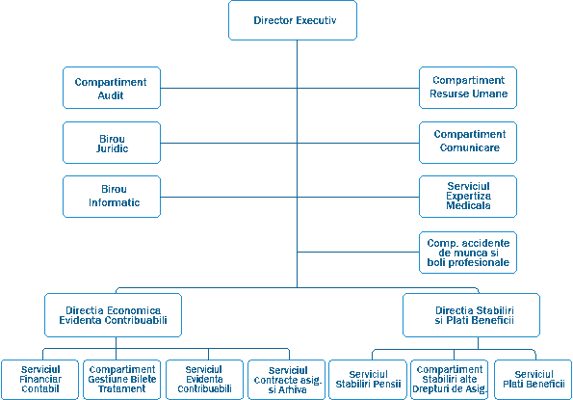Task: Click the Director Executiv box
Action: (293, 20)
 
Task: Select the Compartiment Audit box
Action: (112, 88)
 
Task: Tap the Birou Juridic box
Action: (112, 143)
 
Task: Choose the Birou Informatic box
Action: (112, 197)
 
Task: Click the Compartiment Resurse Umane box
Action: (468, 88)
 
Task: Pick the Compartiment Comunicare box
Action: (468, 143)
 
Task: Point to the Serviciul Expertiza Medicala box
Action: (468, 197)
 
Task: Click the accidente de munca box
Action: (468, 253)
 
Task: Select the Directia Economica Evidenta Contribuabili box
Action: (113, 315)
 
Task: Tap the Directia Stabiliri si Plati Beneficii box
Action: (471, 315)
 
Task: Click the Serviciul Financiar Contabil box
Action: (39, 380)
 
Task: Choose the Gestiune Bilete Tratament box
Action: (121, 380)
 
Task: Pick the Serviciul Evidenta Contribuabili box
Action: (204, 380)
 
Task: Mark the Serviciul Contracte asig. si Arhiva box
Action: (287, 380)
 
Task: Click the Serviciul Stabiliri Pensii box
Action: (368, 380)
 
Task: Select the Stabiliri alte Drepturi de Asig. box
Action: (450, 380)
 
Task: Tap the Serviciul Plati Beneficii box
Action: (534, 380)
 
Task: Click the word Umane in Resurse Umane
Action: (489, 93)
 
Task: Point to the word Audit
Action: (111, 95)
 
